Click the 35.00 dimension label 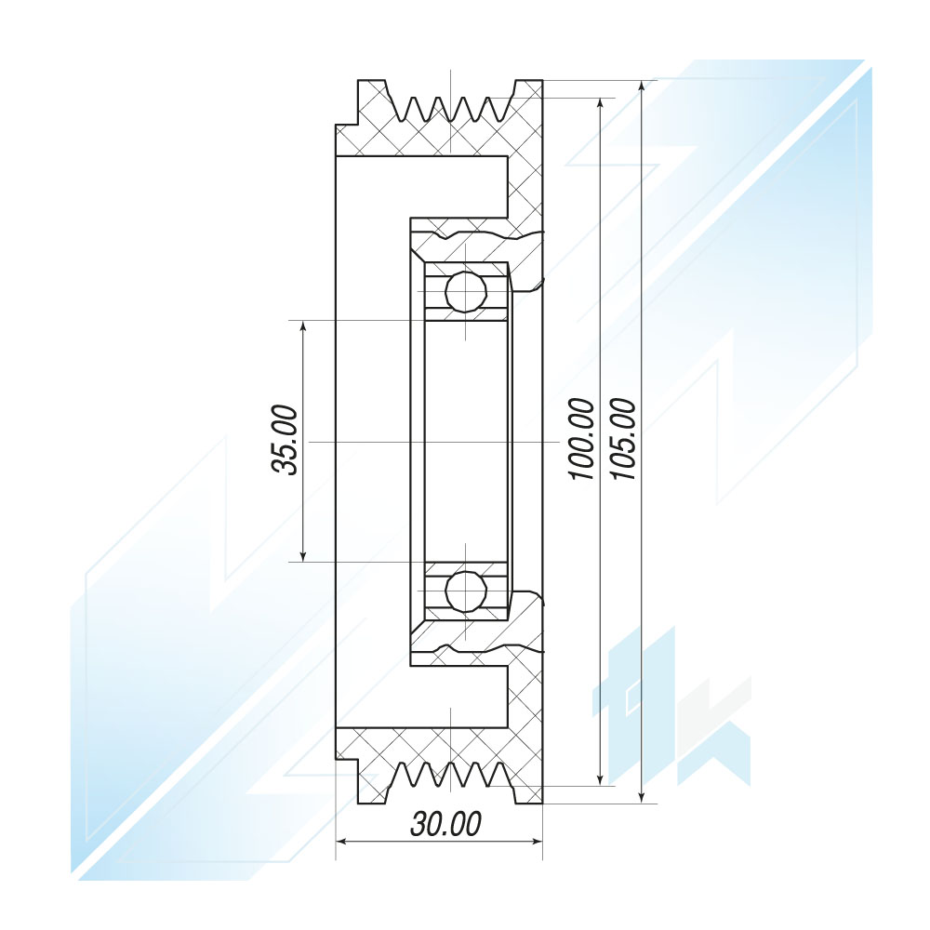[284, 440]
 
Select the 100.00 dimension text [581, 439]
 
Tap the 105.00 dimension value [623, 439]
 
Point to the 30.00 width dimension [445, 824]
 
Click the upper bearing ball [466, 292]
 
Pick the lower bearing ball [466, 591]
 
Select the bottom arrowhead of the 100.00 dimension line [600, 777]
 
